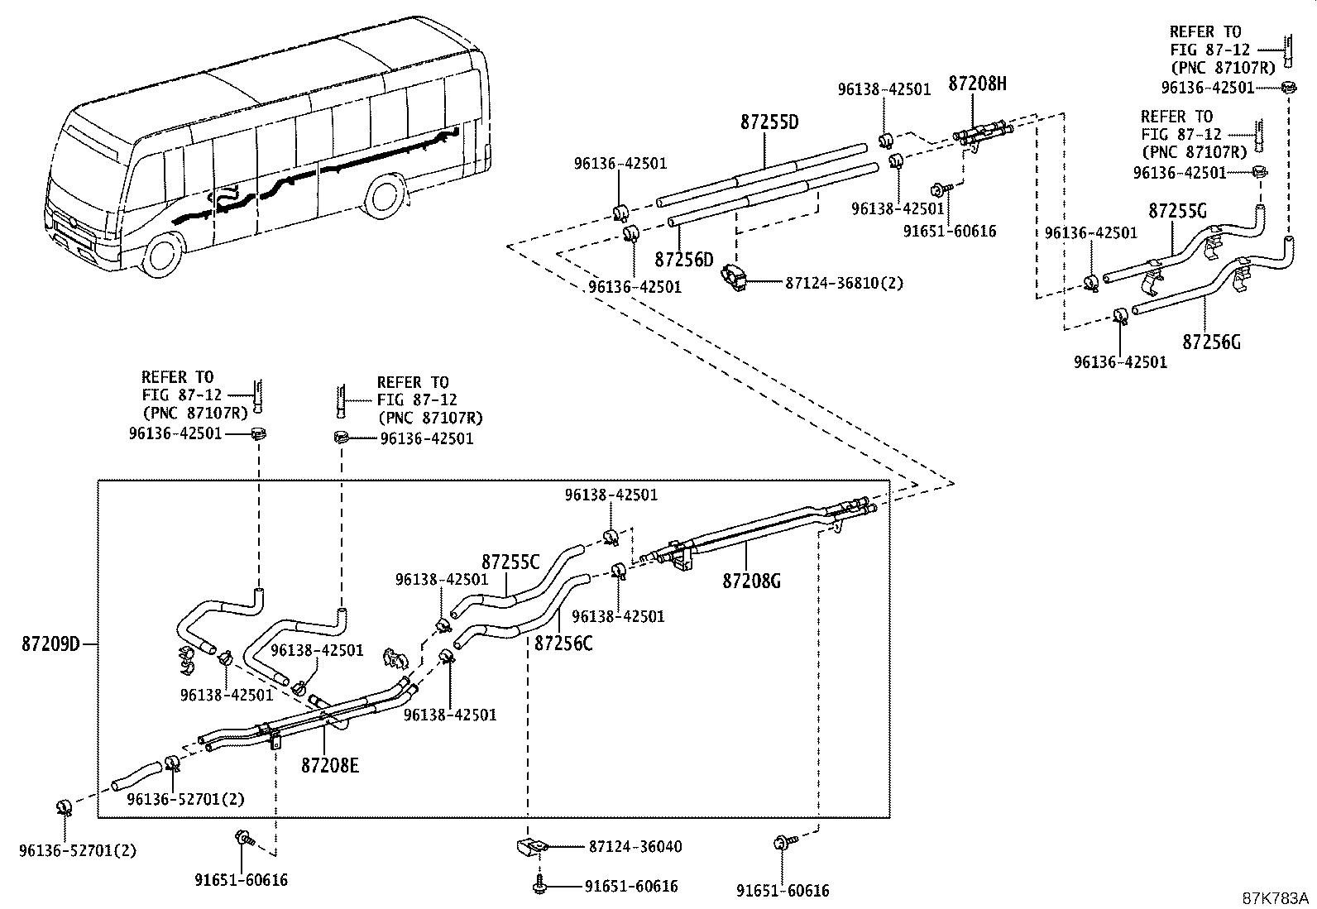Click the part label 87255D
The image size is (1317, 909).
(769, 122)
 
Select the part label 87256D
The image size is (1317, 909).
(684, 259)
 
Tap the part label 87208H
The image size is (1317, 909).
(977, 84)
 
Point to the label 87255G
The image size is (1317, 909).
(1178, 210)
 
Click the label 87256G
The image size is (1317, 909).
(1211, 342)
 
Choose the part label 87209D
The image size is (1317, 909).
(50, 644)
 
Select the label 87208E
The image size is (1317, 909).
(330, 765)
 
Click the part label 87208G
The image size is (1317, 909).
(751, 581)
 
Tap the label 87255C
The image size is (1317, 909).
(510, 562)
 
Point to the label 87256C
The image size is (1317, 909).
(563, 643)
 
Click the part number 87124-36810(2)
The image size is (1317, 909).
(845, 283)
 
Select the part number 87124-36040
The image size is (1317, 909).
(635, 847)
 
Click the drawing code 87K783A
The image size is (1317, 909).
(1276, 898)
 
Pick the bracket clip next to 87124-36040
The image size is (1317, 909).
(532, 847)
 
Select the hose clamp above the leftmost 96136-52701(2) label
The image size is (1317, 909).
(64, 808)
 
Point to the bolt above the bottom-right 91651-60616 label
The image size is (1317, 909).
(783, 843)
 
